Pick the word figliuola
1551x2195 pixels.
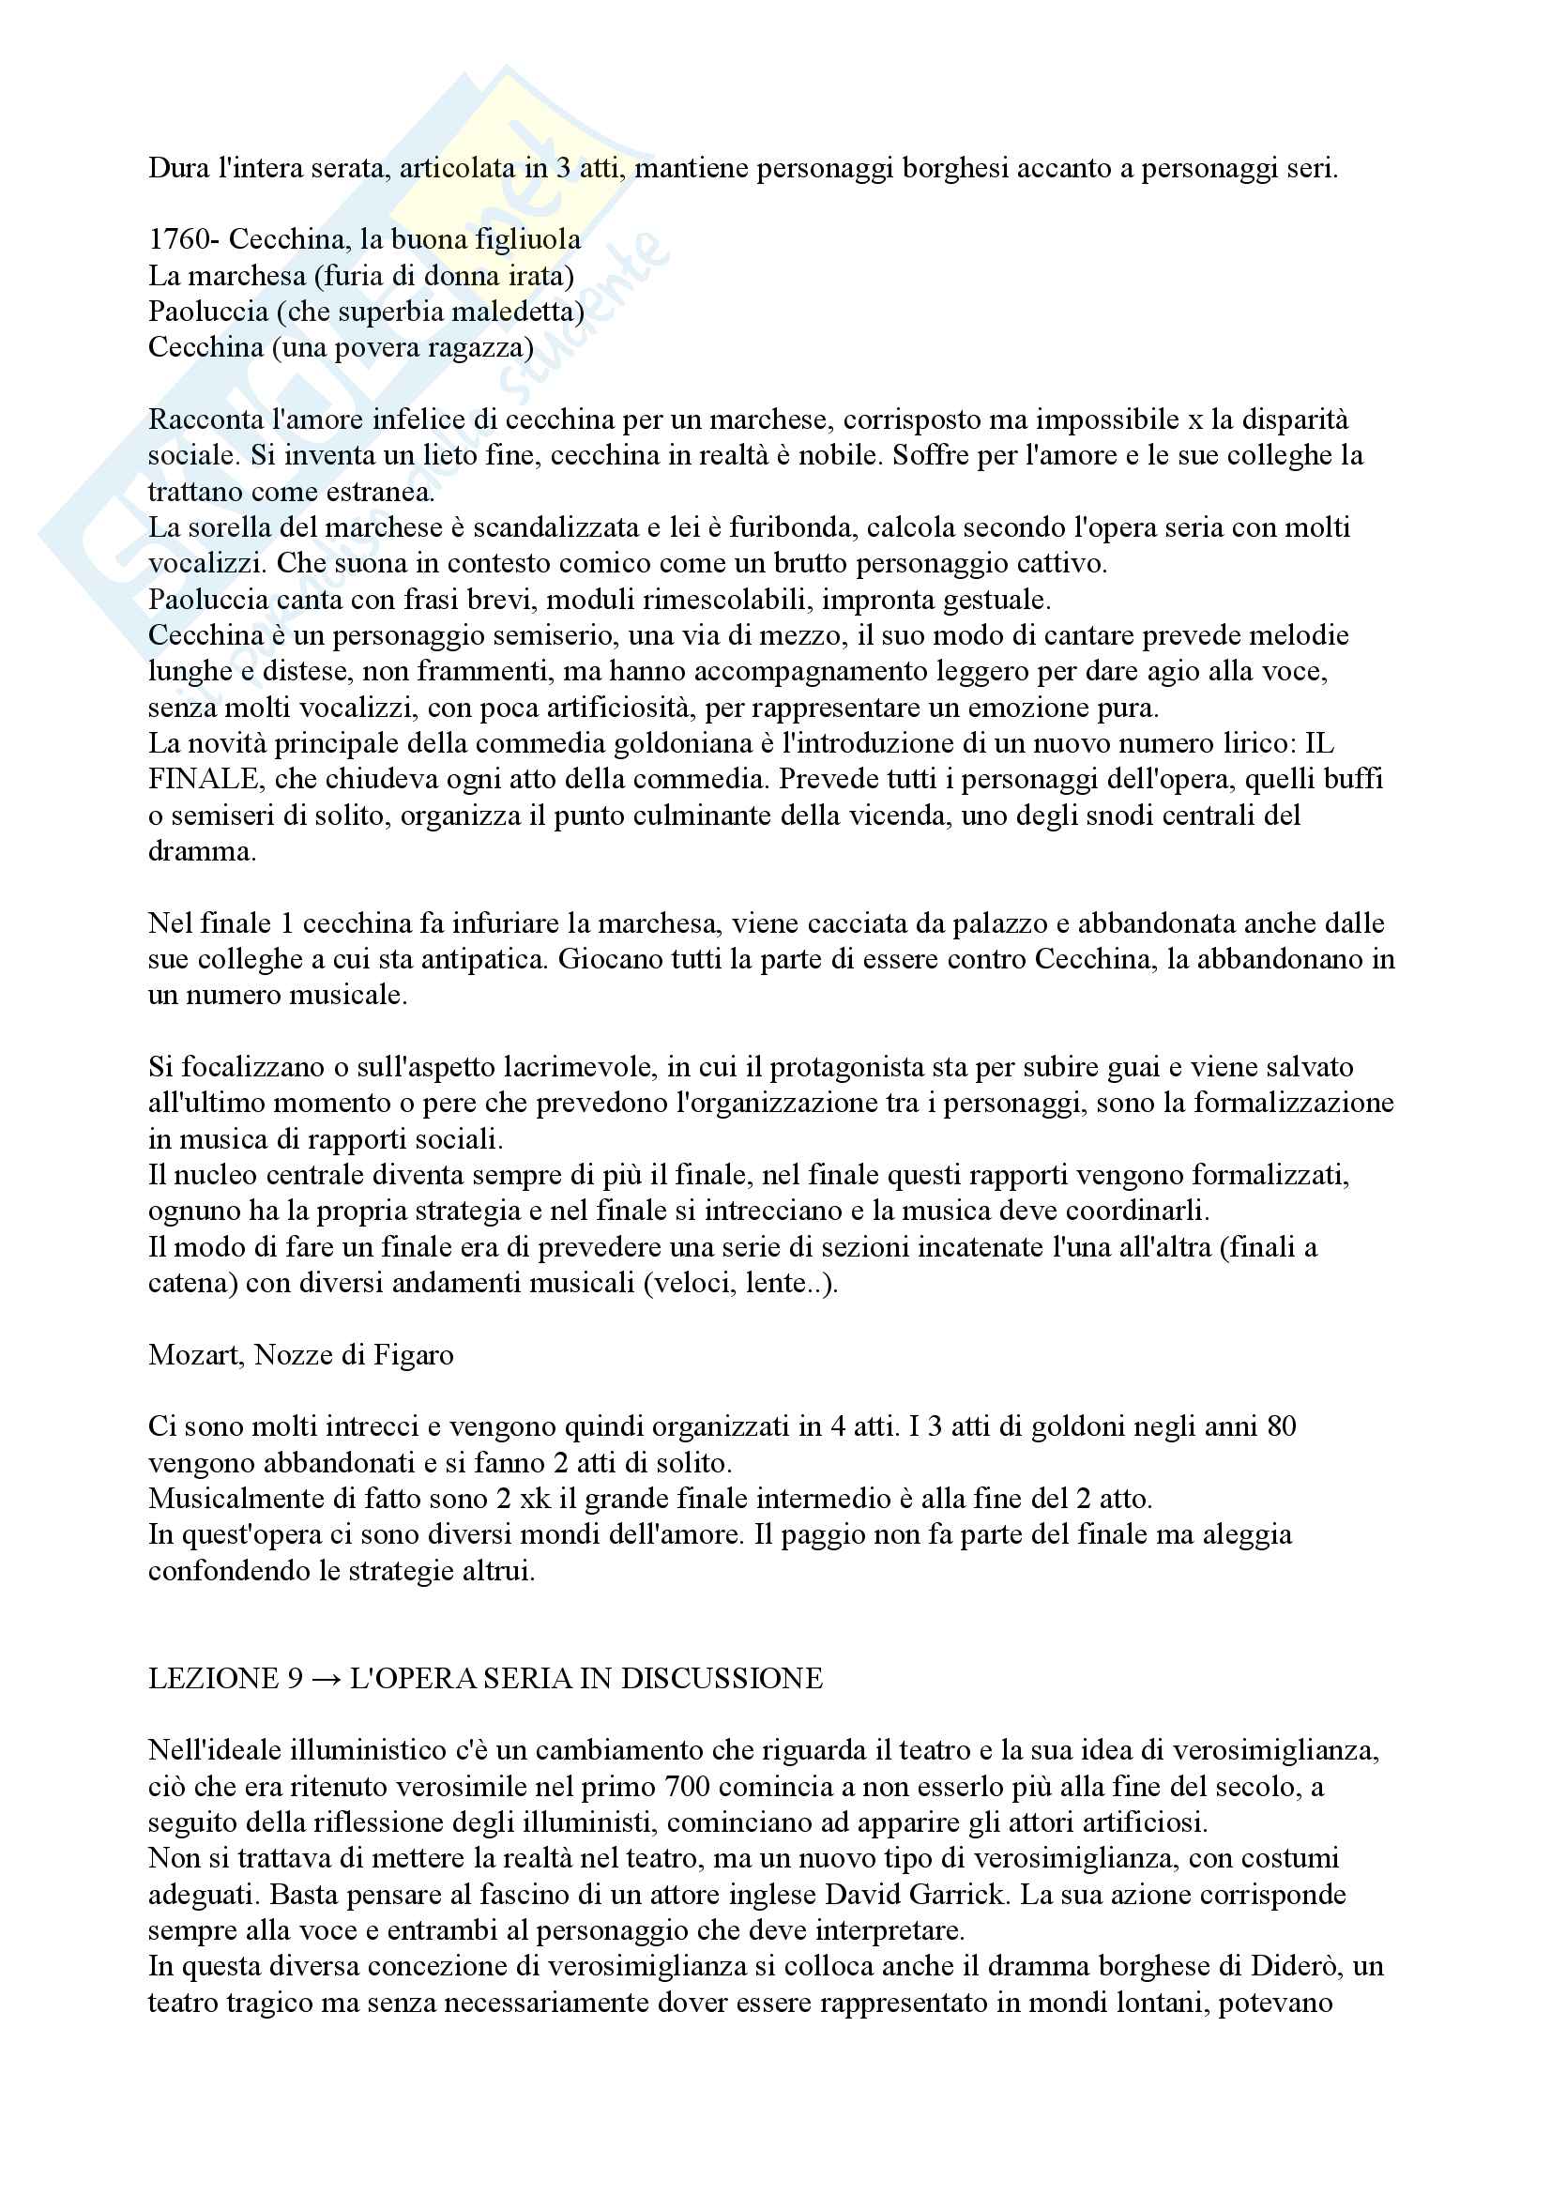point(527,239)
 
